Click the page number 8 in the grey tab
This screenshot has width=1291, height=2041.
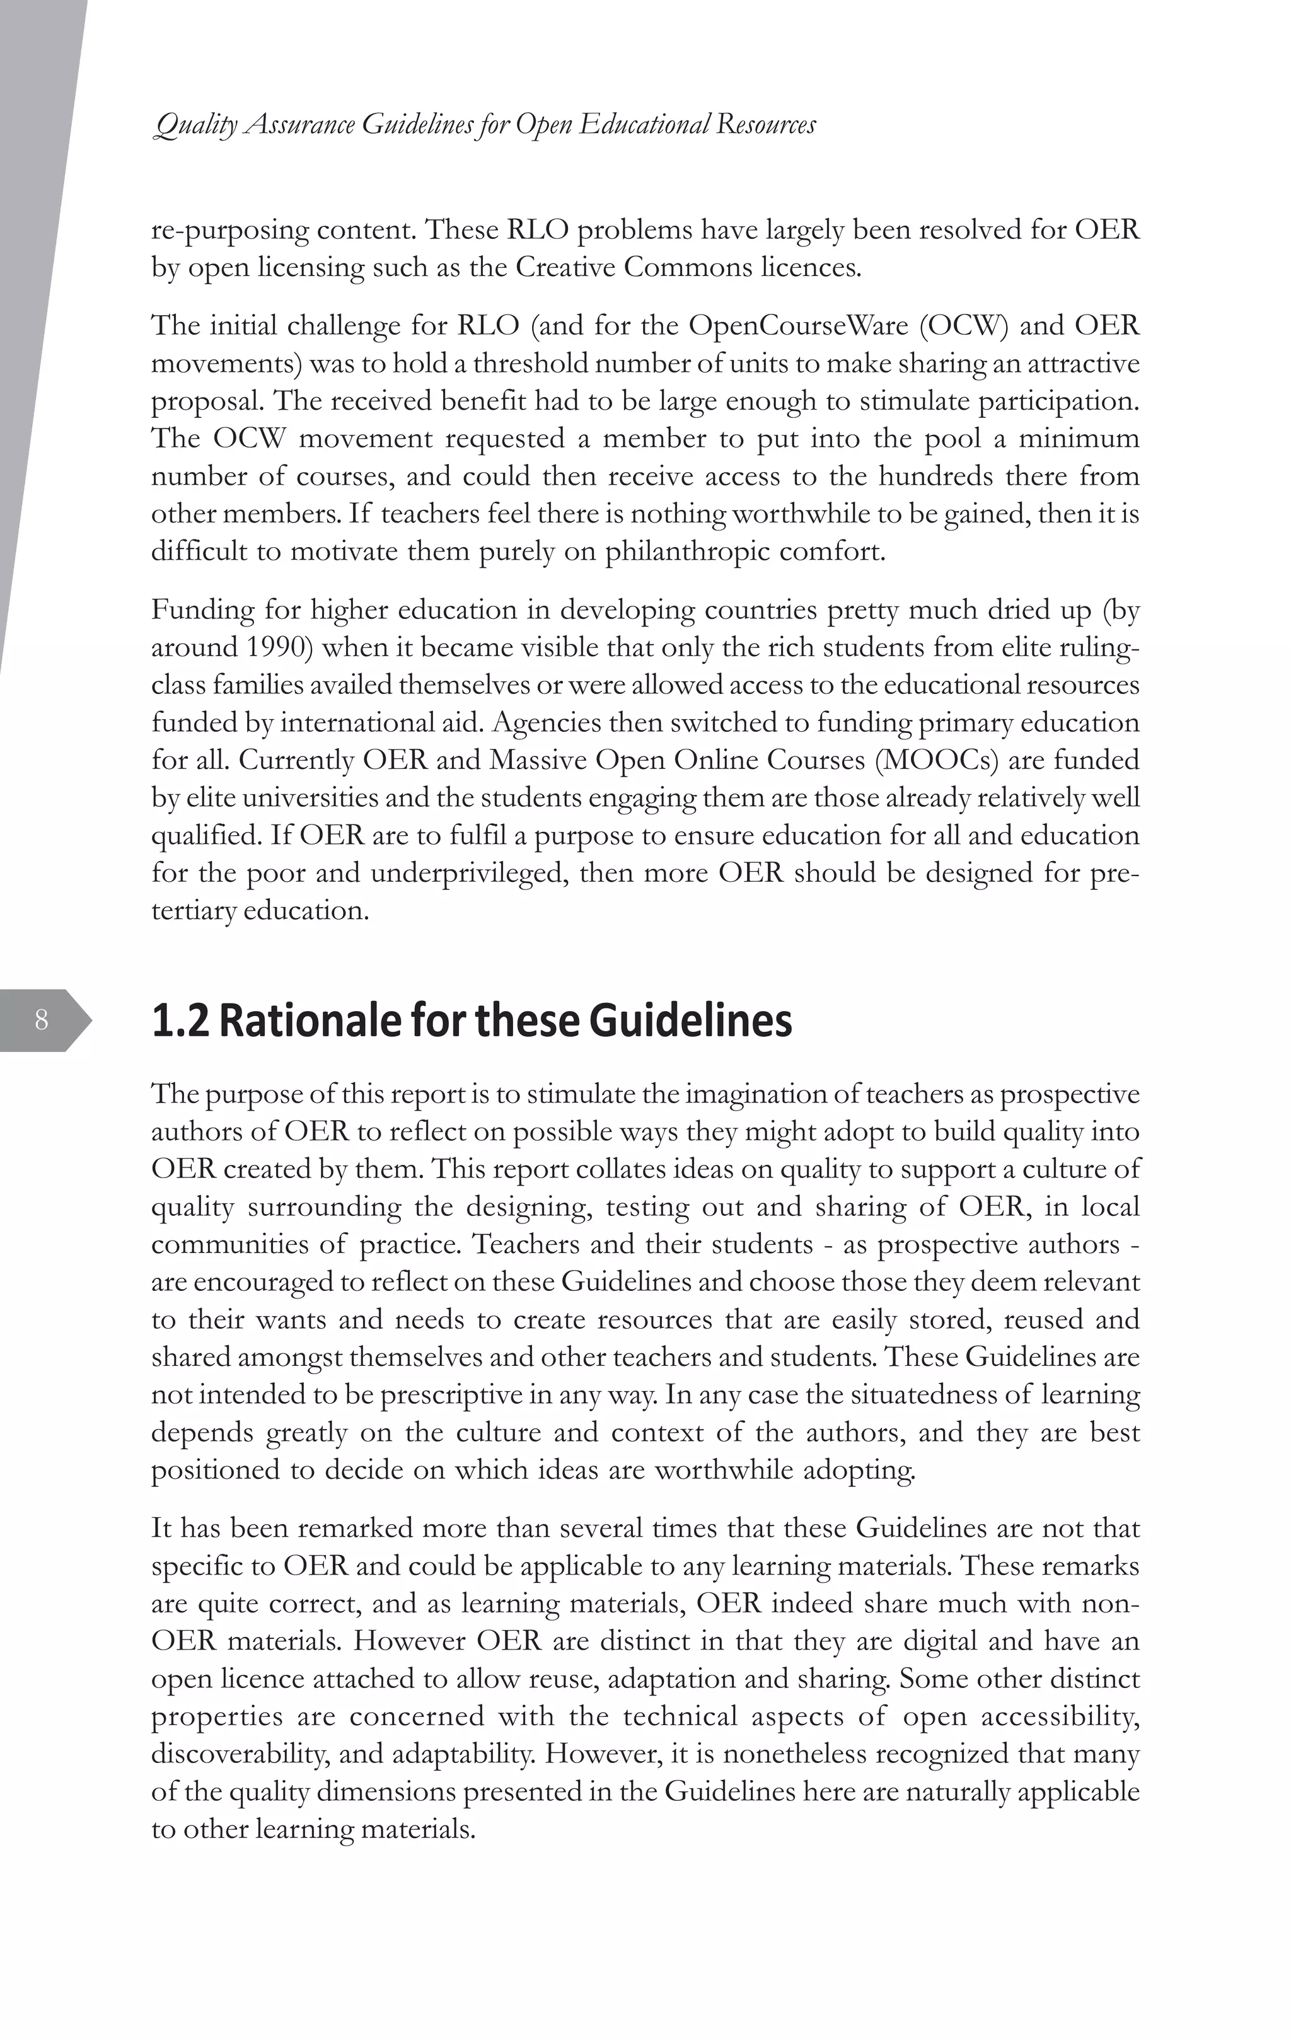coord(41,1020)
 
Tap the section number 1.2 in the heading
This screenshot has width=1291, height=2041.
coord(180,1020)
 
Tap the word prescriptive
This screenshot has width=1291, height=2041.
coord(452,1394)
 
